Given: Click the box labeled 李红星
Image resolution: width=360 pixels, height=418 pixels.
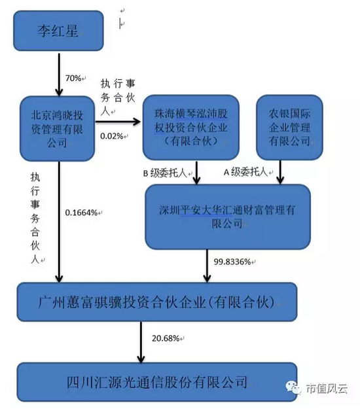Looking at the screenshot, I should (x=60, y=29).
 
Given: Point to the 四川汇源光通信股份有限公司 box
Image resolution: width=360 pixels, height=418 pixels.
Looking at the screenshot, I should (x=158, y=380).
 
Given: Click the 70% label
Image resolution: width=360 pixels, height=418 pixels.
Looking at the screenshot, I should (x=74, y=78).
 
